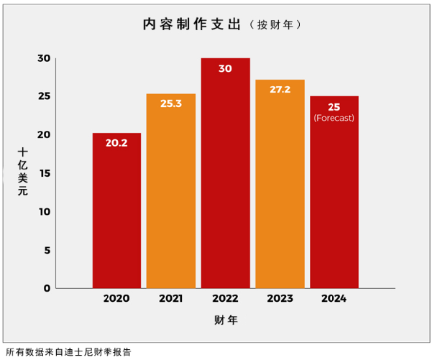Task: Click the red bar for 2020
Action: click(116, 216)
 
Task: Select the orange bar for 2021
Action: click(171, 194)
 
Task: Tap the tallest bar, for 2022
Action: click(225, 180)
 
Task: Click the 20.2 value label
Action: click(116, 143)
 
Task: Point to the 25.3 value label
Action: click(171, 103)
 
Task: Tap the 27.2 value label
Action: click(280, 89)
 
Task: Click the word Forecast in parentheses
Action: click(334, 118)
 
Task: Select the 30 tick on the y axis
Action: click(44, 58)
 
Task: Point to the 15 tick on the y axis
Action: click(44, 173)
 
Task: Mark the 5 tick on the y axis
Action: click(47, 250)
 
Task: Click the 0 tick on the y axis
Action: click(47, 288)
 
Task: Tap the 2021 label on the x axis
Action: click(171, 298)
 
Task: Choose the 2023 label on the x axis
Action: click(280, 298)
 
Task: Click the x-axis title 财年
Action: click(225, 320)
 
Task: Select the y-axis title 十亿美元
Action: click(23, 172)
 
